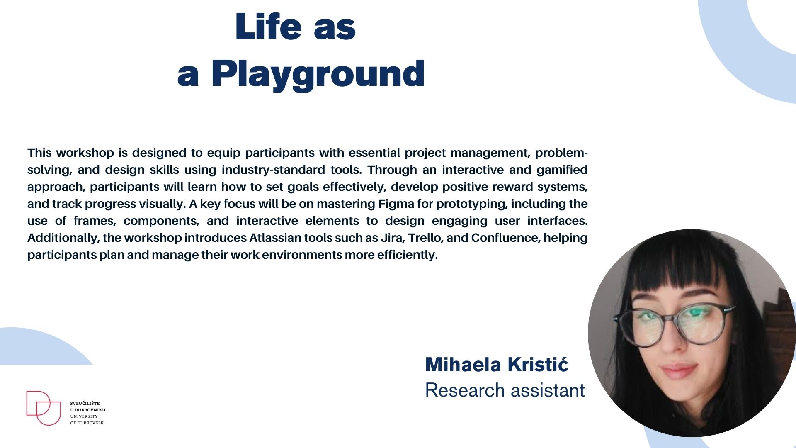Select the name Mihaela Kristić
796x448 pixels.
tap(497, 364)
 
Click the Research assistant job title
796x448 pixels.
tap(505, 390)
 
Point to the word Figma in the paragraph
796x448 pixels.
tap(396, 204)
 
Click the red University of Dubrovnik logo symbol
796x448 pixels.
tap(44, 408)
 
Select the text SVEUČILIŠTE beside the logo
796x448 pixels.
tap(85, 403)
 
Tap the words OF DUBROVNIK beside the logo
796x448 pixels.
tap(87, 423)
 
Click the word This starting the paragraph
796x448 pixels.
tap(40, 153)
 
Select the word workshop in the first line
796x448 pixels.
tap(85, 153)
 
